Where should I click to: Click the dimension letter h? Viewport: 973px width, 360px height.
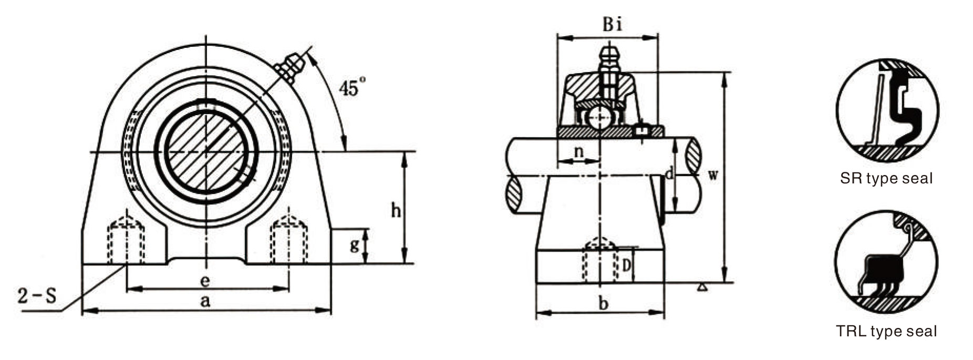396,210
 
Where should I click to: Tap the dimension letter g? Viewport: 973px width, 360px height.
355,244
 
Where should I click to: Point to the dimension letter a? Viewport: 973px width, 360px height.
205,301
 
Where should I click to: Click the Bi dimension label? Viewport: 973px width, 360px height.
612,24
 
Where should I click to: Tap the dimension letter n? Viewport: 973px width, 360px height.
578,151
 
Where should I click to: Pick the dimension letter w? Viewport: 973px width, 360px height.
712,175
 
